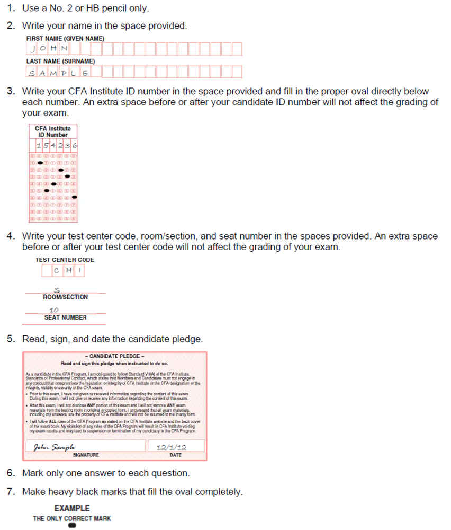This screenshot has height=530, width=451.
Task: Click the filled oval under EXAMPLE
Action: tap(72, 526)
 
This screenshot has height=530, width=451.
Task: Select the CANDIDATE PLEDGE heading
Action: tap(114, 356)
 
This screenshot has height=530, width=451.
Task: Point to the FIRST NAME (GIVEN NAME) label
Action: tap(65, 39)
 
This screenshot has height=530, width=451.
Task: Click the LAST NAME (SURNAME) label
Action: tap(60, 61)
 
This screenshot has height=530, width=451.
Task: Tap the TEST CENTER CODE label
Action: tap(65, 260)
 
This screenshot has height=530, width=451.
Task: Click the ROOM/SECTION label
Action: tap(65, 297)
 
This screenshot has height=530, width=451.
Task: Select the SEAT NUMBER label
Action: tap(65, 317)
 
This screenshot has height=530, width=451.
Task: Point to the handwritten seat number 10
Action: tap(54, 310)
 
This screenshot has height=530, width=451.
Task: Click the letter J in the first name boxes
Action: tap(33, 49)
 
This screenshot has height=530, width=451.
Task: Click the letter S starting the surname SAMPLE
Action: tap(32, 73)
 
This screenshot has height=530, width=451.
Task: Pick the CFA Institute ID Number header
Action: tap(52, 131)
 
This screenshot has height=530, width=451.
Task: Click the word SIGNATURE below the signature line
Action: tap(85, 455)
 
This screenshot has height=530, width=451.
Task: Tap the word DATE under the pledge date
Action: tap(175, 455)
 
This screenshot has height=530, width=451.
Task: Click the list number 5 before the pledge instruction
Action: tap(11, 338)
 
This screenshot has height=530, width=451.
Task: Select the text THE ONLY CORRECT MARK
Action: tap(72, 518)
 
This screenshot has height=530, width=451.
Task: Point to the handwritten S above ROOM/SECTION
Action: tap(57, 290)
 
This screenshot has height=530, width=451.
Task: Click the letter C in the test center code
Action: tap(57, 271)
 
